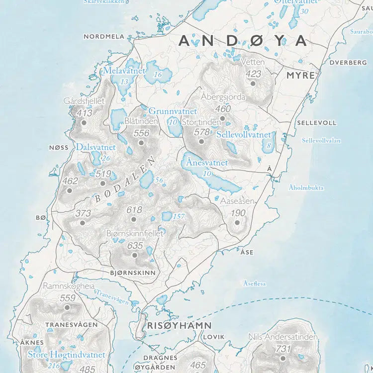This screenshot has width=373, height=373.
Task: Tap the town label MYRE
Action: [x=300, y=76]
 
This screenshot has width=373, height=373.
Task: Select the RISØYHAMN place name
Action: [x=180, y=326]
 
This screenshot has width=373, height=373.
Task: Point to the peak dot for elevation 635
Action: [x=134, y=255]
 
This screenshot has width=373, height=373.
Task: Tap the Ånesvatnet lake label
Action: [x=206, y=163]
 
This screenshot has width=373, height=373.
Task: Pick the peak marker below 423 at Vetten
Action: [x=253, y=84]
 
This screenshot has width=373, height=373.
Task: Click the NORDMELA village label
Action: [x=103, y=36]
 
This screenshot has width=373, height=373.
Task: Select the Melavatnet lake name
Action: [x=124, y=71]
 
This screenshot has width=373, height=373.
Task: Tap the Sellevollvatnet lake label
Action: [x=243, y=135]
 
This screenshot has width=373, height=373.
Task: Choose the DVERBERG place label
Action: [x=348, y=63]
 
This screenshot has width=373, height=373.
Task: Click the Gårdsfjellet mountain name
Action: [x=84, y=101]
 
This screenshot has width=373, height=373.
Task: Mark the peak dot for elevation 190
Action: [x=237, y=222]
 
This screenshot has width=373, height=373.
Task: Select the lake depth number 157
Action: [x=178, y=216]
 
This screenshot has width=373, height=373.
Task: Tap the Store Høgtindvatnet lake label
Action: [x=66, y=355]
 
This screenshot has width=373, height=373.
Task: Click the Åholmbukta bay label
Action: [x=306, y=188]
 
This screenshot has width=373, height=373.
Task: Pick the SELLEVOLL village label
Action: [x=316, y=122]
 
